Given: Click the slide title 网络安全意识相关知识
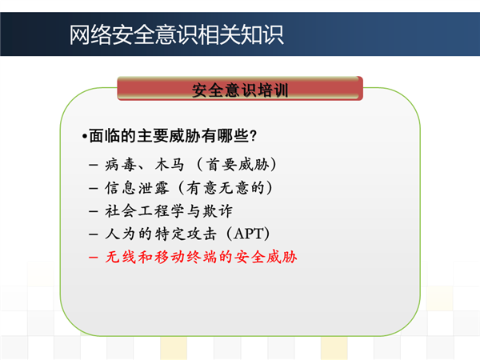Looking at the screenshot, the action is click(176, 35).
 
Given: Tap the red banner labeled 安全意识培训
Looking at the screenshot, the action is click(240, 89).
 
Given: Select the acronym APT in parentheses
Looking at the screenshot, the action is click(248, 234).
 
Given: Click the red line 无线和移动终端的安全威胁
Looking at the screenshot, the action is click(201, 257).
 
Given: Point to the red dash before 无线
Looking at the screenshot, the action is click(93, 258).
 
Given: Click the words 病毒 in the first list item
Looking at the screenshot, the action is click(120, 165).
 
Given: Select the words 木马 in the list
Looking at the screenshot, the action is click(170, 165).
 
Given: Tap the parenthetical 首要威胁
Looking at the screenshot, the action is click(238, 165).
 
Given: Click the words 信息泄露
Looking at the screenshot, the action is click(137, 188).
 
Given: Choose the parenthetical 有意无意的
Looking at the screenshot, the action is click(226, 188).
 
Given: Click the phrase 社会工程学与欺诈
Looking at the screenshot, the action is click(169, 211).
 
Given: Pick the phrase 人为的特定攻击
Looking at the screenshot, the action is click(161, 234).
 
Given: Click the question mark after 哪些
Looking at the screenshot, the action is click(253, 136).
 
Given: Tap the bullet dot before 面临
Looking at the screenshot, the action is click(84, 136).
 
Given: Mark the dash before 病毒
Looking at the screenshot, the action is click(93, 166).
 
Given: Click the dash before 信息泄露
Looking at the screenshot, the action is click(93, 188).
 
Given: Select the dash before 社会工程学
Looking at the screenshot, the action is click(93, 211).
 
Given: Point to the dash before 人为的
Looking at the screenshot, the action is click(93, 234).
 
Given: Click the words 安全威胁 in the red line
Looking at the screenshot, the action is click(266, 257).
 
